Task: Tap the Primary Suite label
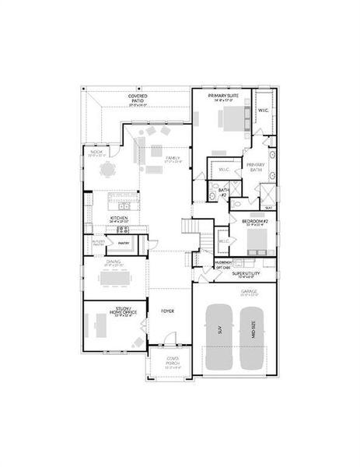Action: click(x=222, y=95)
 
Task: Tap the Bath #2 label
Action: click(x=223, y=191)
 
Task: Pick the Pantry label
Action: click(x=123, y=243)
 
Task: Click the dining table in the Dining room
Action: click(x=115, y=277)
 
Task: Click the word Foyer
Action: click(x=167, y=311)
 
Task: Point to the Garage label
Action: click(x=248, y=292)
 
